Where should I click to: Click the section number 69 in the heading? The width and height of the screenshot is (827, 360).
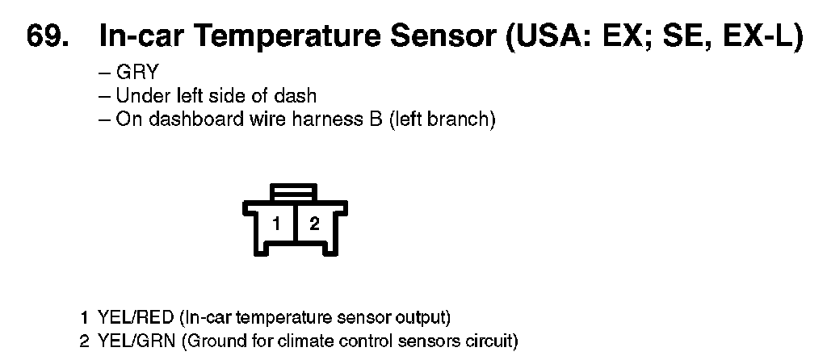[46, 38]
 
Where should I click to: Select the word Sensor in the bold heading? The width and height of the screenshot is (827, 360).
[441, 38]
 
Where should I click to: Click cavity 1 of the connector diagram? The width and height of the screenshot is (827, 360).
[276, 224]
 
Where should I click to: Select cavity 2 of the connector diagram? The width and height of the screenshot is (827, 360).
[314, 224]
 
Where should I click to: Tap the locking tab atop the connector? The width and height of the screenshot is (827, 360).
[295, 192]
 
